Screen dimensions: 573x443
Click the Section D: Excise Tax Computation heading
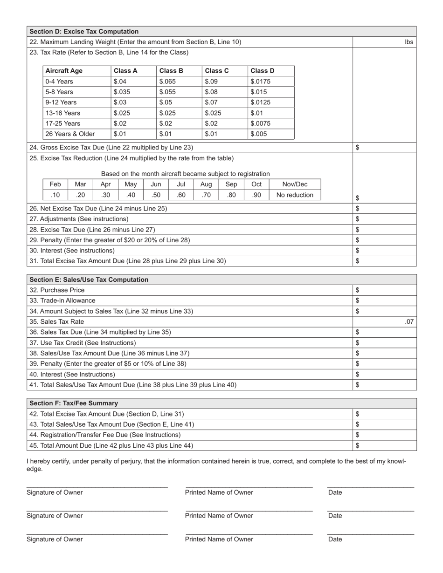pyautogui.click(x=84, y=32)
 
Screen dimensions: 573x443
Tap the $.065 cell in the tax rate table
pyautogui.click(x=167, y=82)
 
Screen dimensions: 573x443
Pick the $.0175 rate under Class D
pyautogui.click(x=261, y=82)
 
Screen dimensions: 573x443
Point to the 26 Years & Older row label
pyautogui.click(x=70, y=134)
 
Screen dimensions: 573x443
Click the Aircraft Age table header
pyautogui.click(x=64, y=71)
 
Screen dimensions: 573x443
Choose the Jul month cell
pyautogui.click(x=181, y=184)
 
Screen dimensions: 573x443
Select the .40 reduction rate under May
pyautogui.click(x=131, y=195)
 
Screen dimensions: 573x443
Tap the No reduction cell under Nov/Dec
pyautogui.click(x=295, y=195)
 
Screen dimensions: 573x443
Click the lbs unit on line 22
pyautogui.click(x=409, y=42)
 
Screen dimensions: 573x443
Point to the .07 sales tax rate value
pyautogui.click(x=409, y=321)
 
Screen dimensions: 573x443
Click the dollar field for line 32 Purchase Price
pyautogui.click(x=385, y=290)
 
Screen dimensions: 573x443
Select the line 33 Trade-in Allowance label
pyautogui.click(x=62, y=300)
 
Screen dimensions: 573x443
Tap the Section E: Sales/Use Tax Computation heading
pyautogui.click(x=89, y=280)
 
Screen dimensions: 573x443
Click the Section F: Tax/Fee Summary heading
pyautogui.click(x=74, y=403)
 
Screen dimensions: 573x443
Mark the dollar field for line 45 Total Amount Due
pyautogui.click(x=385, y=445)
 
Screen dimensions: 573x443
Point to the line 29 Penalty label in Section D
pyautogui.click(x=110, y=240)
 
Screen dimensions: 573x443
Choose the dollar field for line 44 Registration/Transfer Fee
pyautogui.click(x=385, y=435)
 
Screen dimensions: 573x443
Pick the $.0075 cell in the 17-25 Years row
pyautogui.click(x=261, y=123)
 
